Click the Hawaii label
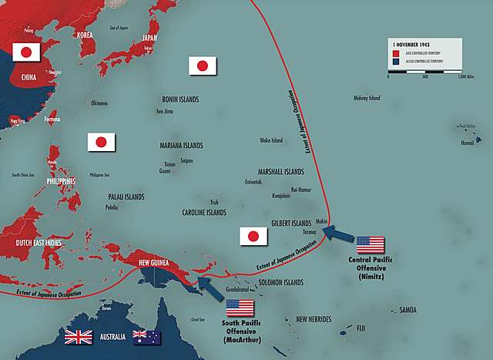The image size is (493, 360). [x=467, y=143]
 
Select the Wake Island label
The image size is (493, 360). [x=271, y=140]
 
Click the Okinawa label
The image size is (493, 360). [x=99, y=103]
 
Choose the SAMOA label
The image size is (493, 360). [x=408, y=310]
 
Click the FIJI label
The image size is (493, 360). [x=361, y=328]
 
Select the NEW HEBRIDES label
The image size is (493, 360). [x=314, y=319]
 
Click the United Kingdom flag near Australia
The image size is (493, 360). [x=79, y=337]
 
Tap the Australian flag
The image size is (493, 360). [x=142, y=337]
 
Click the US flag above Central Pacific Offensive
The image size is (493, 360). [x=370, y=245]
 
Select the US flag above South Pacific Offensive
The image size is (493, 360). [x=240, y=308]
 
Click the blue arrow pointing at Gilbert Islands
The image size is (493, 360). [x=338, y=231]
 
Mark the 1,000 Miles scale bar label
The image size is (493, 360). [x=464, y=76]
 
